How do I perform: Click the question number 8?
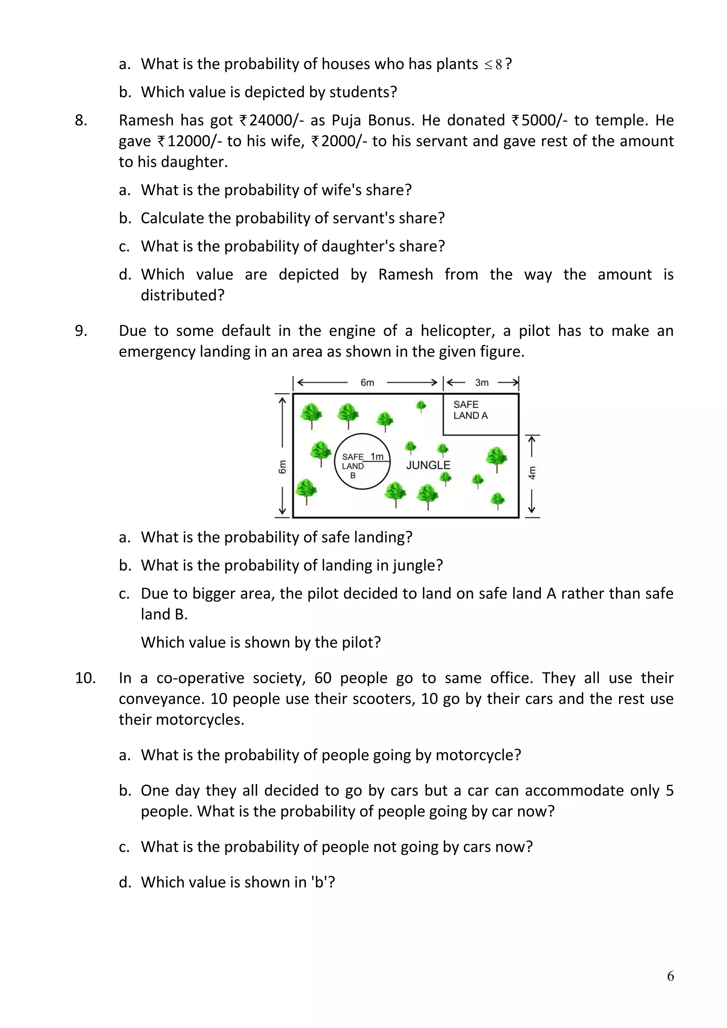pyautogui.click(x=81, y=120)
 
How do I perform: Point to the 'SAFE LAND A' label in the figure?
pyautogui.click(x=470, y=410)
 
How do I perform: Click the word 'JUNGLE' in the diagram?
pyautogui.click(x=428, y=465)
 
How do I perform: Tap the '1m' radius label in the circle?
pyautogui.click(x=377, y=456)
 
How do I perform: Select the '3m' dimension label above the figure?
pyautogui.click(x=482, y=382)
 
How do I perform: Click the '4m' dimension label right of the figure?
pyautogui.click(x=532, y=473)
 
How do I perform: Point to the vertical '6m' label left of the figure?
pyautogui.click(x=282, y=467)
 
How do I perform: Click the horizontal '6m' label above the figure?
pyautogui.click(x=367, y=382)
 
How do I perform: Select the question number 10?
pyautogui.click(x=85, y=678)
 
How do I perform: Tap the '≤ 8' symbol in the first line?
pyautogui.click(x=493, y=65)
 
